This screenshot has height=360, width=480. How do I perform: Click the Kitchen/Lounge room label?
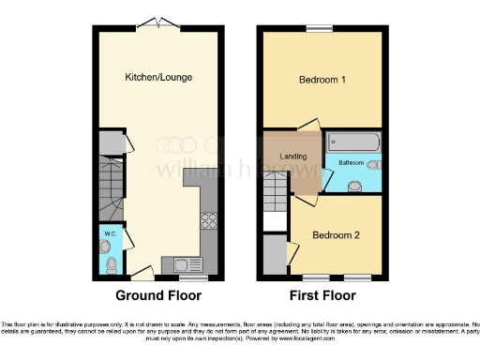click(x=159, y=76)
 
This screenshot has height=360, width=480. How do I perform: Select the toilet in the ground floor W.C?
click(x=112, y=264)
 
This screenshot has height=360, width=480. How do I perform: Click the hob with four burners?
click(x=208, y=222)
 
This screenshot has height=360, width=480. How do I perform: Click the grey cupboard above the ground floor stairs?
click(x=112, y=142)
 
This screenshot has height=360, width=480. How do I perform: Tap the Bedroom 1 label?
click(x=322, y=81)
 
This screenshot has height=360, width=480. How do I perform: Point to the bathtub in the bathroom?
click(x=352, y=143)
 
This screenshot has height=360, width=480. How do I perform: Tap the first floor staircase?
click(x=276, y=194)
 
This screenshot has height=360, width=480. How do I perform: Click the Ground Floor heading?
click(x=158, y=295)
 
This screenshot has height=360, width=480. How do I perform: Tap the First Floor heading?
click(x=321, y=295)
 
